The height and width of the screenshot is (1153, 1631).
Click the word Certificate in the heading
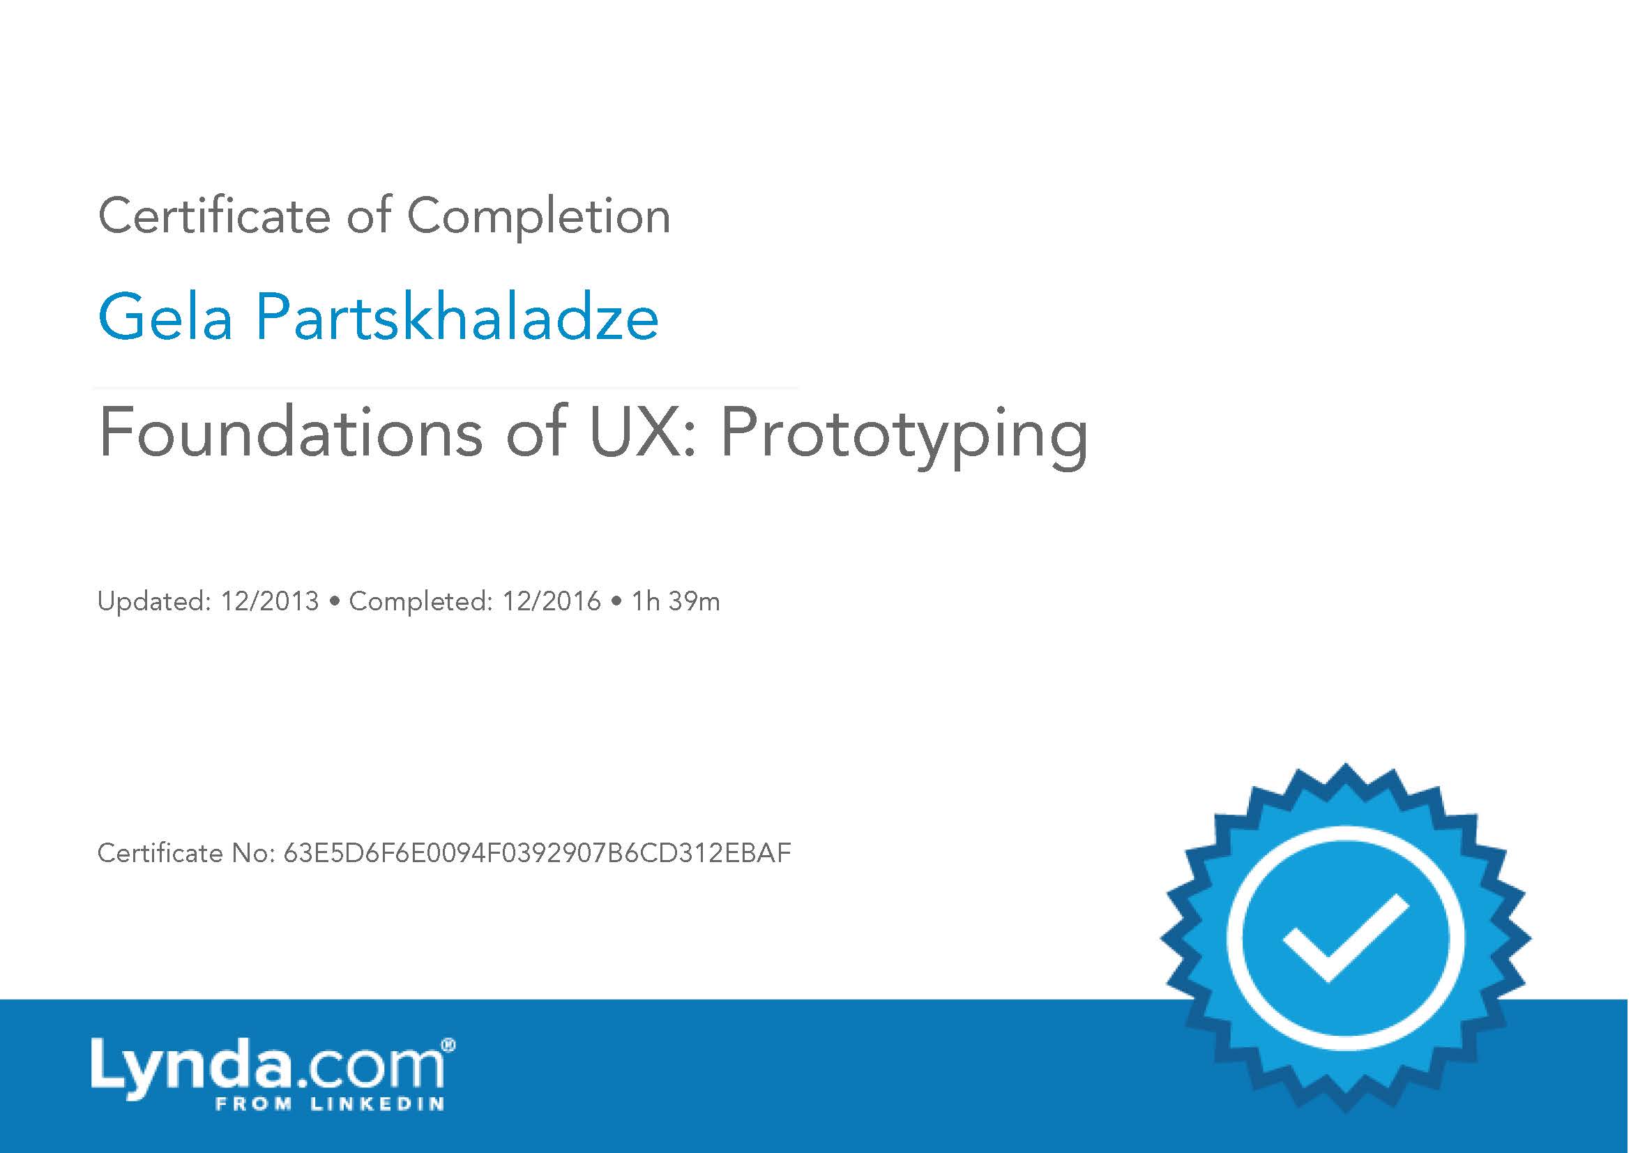pos(214,216)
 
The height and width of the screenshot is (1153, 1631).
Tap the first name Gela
pos(165,317)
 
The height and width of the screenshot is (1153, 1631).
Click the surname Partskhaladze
pos(457,317)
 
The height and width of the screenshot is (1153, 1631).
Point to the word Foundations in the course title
pos(291,432)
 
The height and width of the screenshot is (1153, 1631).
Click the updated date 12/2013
pos(270,602)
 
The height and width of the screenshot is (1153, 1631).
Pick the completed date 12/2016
pos(552,602)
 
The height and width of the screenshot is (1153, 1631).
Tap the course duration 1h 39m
pos(676,602)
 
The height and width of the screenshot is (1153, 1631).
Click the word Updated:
pos(154,602)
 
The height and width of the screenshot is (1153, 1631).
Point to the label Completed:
pos(420,602)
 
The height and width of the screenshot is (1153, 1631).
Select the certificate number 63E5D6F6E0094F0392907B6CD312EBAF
pos(537,853)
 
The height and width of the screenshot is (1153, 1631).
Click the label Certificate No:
pos(186,853)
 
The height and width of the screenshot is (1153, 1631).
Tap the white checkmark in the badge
pos(1344,937)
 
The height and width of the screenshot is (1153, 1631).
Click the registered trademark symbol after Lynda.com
pos(448,1045)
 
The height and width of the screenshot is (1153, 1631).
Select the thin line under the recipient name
pos(446,389)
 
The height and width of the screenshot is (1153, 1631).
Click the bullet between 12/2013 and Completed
pos(334,603)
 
